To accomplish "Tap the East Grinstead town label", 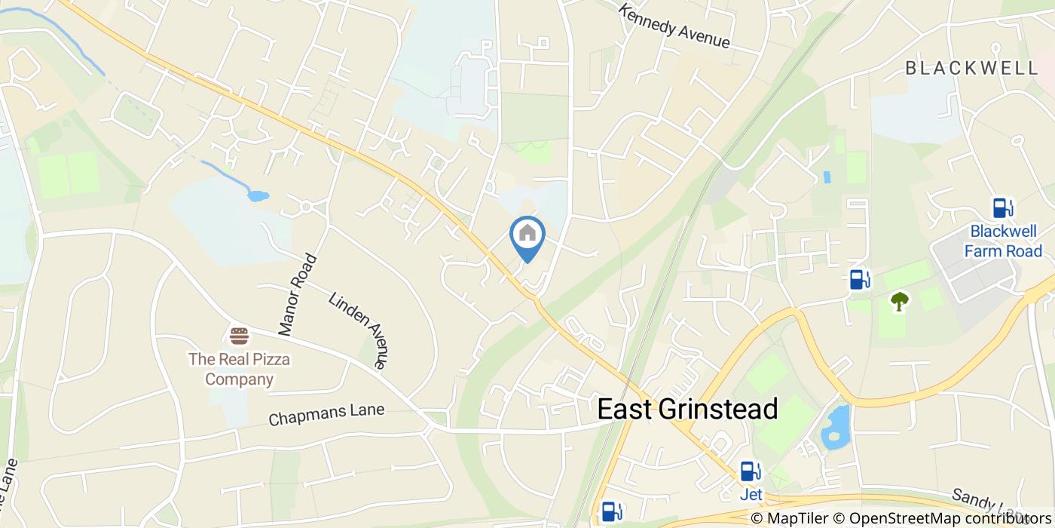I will tap(687, 409).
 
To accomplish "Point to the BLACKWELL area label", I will tap(971, 68).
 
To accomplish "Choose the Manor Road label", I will tap(297, 295).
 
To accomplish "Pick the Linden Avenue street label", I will tap(359, 330).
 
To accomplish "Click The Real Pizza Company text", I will tap(239, 368).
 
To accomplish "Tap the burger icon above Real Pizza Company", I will tap(239, 335).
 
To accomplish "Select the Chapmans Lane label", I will tap(326, 414).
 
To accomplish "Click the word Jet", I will tap(751, 495).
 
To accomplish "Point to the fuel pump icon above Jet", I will tap(750, 471).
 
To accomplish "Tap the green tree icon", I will tap(899, 302).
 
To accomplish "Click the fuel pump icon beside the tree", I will tap(858, 280).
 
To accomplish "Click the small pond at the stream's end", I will tap(258, 196).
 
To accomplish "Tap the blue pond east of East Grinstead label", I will tap(836, 427).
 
